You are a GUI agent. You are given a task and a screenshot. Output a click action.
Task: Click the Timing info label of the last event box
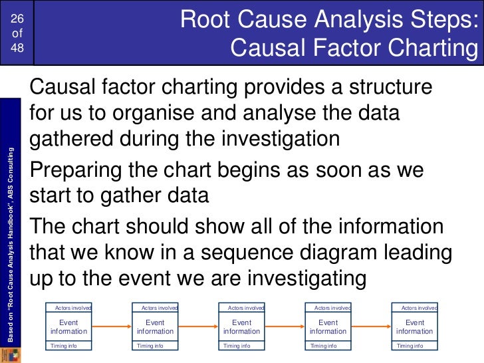(410, 346)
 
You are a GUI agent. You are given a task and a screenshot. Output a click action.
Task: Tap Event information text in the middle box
(241, 326)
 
